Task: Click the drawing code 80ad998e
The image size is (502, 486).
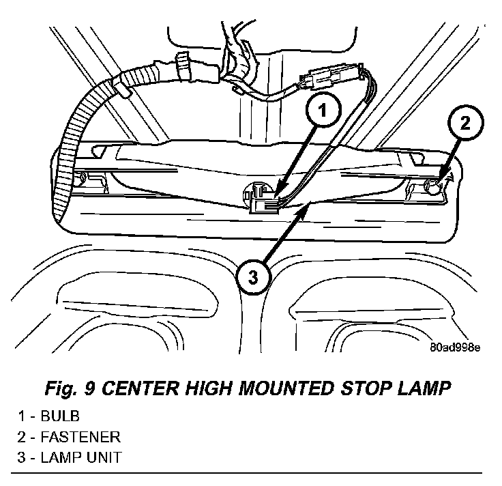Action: tap(454, 347)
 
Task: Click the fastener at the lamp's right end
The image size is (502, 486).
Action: tap(432, 185)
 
